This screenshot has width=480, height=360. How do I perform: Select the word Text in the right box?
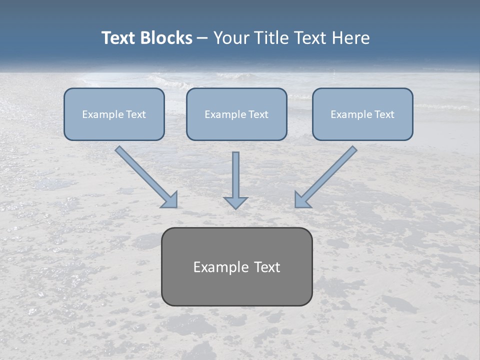point(384,114)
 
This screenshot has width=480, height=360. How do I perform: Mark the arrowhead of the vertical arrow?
point(235,202)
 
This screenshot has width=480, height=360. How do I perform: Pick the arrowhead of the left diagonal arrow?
point(170,200)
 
